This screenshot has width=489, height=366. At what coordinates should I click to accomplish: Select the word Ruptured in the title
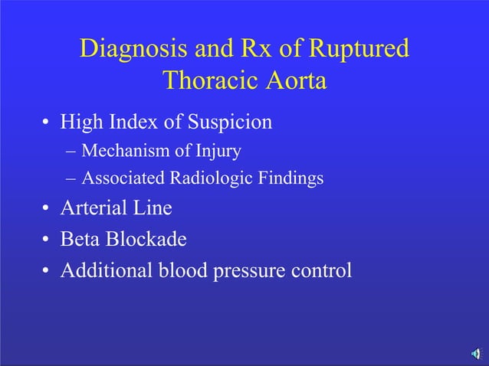(359, 49)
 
